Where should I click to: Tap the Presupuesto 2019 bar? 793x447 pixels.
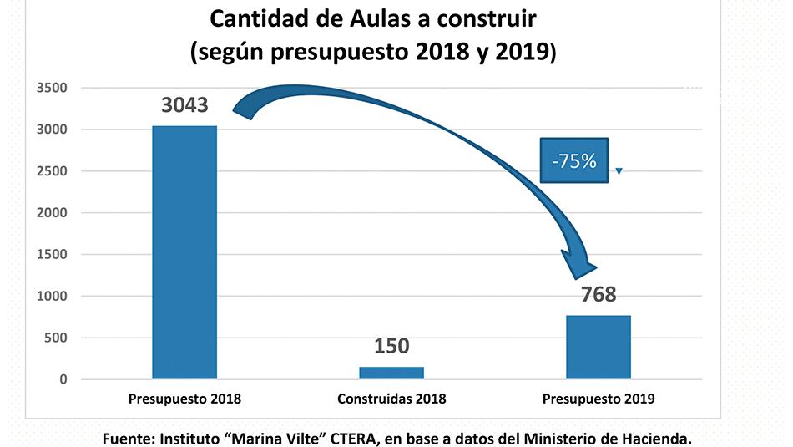(x=599, y=348)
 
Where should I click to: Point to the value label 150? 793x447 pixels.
(x=391, y=346)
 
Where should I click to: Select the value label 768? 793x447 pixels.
(x=598, y=294)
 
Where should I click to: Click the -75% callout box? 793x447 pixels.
(x=574, y=160)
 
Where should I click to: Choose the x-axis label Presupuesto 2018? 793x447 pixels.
(x=184, y=399)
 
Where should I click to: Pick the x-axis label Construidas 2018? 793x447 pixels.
(x=391, y=399)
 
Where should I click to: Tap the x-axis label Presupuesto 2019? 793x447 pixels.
(x=599, y=399)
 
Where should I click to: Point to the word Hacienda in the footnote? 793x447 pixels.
(x=653, y=437)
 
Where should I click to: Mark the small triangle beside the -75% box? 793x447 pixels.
(x=619, y=171)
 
